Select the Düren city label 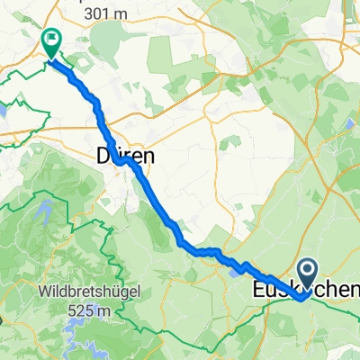[124, 156]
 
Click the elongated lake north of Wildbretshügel [42, 214]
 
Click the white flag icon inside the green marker [51, 39]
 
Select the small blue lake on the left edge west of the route [4, 108]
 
